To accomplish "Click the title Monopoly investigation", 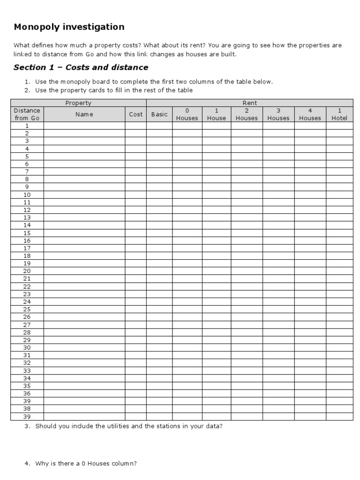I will [69, 27].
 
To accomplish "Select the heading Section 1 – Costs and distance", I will [81, 67].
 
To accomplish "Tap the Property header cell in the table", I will [78, 103].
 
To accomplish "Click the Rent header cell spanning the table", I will [249, 103].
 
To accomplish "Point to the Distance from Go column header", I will [27, 114].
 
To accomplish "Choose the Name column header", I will [84, 114].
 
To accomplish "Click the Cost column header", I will [135, 114].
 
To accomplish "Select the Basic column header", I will [159, 114].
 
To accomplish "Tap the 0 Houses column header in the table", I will [187, 114].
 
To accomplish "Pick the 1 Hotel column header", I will [339, 114].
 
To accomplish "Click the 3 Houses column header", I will [278, 114].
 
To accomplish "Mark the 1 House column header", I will [216, 114].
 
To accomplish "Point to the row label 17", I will [27, 248].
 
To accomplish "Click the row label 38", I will [27, 409].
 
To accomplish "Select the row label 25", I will [27, 309].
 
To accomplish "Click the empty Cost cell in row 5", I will [135, 156].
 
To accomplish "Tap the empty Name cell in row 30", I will [84, 347].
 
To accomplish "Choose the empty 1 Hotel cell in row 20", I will [339, 271].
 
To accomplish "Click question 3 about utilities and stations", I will [128, 426].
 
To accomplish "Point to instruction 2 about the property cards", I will [114, 90].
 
